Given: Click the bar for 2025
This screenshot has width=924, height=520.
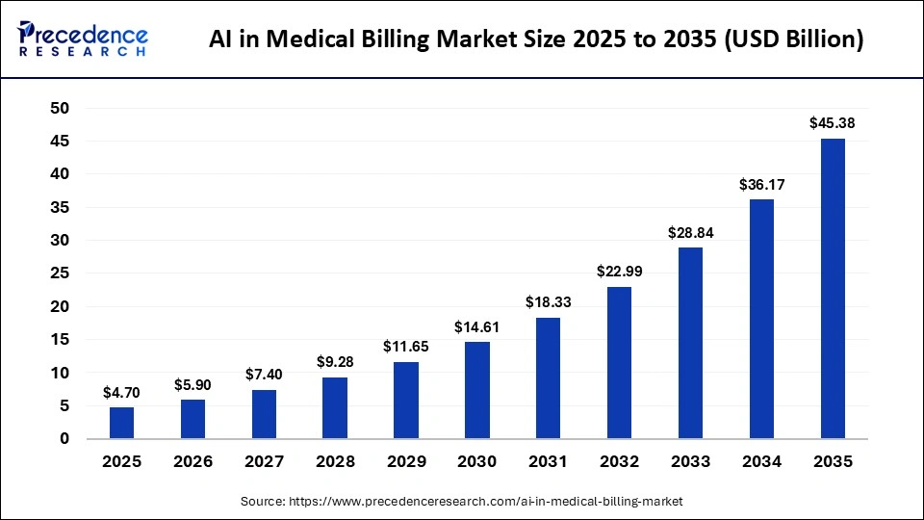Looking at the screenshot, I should [122, 423].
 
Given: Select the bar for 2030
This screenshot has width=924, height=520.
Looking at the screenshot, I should [476, 390].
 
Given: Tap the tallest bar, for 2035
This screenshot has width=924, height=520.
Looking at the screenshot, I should [832, 289].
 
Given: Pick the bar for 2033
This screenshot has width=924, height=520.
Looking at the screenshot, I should [690, 343].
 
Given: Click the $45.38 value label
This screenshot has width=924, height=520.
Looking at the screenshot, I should [832, 123].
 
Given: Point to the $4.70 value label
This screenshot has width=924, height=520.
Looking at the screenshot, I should [122, 392].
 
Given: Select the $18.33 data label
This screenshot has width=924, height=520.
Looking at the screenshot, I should [548, 302].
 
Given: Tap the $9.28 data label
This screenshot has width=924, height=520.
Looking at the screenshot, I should [335, 362].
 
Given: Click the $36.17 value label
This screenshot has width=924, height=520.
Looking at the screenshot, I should [760, 184].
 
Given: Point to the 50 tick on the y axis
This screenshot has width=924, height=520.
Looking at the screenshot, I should [60, 109].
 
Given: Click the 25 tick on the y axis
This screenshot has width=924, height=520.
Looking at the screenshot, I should [60, 273].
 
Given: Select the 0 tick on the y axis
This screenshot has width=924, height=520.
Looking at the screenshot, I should [64, 439].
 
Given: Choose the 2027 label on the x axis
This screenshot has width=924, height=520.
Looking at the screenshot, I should [264, 462].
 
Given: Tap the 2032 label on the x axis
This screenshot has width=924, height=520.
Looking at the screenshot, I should [619, 462].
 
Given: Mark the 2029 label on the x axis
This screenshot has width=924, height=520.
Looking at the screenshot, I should [405, 462].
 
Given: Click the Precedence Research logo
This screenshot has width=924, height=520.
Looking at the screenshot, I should [83, 39].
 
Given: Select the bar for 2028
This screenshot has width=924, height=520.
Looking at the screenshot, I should [335, 407].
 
